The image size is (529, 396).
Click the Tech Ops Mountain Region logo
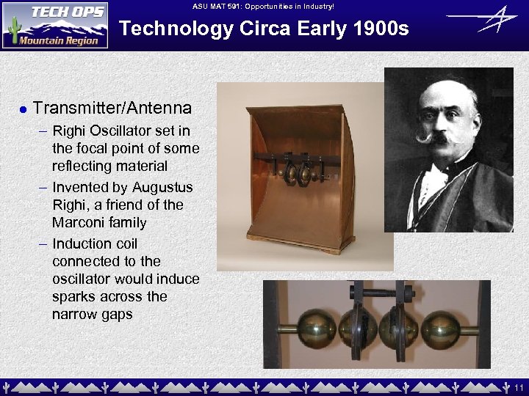55,25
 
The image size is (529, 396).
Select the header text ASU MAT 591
220,7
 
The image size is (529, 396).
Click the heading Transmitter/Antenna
112,109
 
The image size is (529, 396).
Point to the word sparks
75,296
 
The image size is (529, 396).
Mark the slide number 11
518,386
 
